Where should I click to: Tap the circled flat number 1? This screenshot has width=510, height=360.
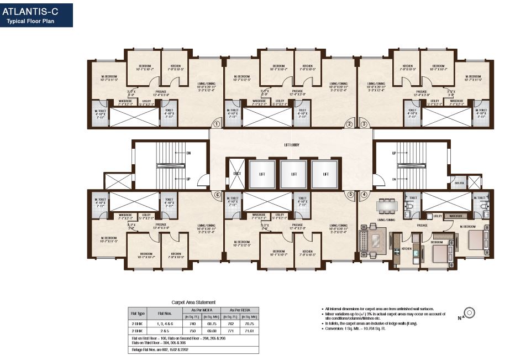click(x=217, y=124)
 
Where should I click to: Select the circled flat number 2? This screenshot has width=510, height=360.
click(x=349, y=124)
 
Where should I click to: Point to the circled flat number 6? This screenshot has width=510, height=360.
click(x=217, y=194)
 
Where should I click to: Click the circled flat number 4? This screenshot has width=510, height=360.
click(x=364, y=194)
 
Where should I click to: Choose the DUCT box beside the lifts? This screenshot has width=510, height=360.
click(x=236, y=174)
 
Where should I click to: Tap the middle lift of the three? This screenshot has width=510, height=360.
click(x=291, y=174)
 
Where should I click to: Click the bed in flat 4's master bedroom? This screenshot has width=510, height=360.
click(x=475, y=238)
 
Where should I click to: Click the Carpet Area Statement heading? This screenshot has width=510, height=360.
click(x=193, y=302)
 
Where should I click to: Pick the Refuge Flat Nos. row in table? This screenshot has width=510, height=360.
click(x=160, y=349)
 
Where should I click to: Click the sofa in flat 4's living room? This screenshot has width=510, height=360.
click(x=366, y=241)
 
